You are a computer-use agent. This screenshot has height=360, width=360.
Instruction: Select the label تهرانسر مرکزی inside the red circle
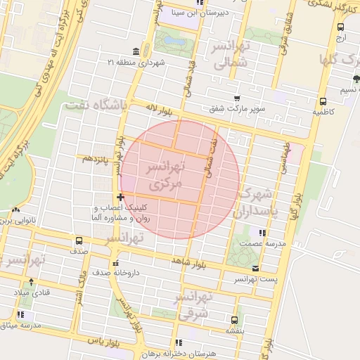(163, 174)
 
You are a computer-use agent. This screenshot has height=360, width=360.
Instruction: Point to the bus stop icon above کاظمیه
(322, 101)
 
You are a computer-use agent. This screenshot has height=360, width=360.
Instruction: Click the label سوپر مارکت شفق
(237, 109)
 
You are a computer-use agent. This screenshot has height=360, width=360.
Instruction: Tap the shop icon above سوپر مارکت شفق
(237, 98)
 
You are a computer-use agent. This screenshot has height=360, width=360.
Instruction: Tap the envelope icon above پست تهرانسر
(255, 269)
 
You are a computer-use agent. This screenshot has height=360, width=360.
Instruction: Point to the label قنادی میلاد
(29, 292)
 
